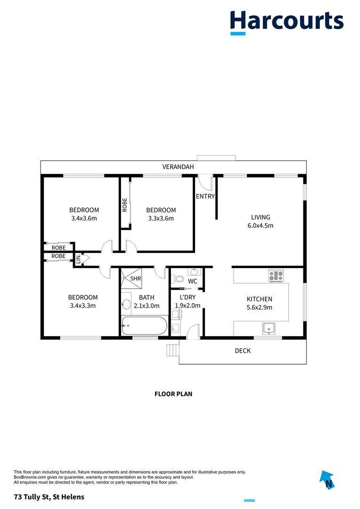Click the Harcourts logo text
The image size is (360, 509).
[x=286, y=21]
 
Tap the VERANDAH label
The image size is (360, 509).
[x=178, y=167]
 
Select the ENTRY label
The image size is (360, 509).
[x=205, y=197]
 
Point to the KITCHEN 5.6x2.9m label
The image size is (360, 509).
[x=259, y=303]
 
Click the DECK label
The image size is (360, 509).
[x=243, y=351]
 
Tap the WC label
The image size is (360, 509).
[x=192, y=281]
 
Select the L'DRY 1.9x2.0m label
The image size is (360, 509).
[x=187, y=302]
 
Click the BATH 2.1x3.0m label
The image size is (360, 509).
[x=146, y=302]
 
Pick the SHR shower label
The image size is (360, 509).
[x=136, y=279]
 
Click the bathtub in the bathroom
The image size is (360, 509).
[x=144, y=326]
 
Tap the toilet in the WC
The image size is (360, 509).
[x=179, y=279]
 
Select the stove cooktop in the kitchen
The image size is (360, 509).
[x=276, y=275]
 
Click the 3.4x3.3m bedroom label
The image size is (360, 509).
[x=83, y=301]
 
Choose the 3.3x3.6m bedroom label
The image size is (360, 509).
[x=161, y=214]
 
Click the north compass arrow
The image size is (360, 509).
[x=327, y=479]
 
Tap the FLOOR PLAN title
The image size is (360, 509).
[x=173, y=394]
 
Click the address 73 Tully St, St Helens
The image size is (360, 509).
[x=49, y=497]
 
